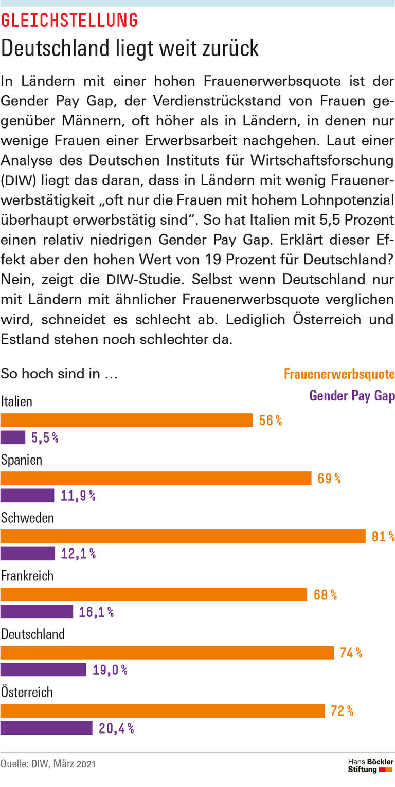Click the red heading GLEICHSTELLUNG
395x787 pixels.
coord(69,21)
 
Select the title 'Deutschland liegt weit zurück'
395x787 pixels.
coord(130,48)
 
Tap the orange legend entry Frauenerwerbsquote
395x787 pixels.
coord(339,374)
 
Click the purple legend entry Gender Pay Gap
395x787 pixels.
coord(352,396)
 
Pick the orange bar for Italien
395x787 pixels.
coord(127,420)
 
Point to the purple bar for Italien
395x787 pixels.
coord(13,437)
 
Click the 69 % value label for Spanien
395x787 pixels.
coord(329,479)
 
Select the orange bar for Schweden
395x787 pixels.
coord(183,537)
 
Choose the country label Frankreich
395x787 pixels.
coord(27,576)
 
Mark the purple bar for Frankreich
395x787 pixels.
coord(37,612)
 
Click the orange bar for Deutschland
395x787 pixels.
coord(167,653)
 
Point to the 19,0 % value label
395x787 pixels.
coord(110,670)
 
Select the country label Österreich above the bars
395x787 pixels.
coord(27,692)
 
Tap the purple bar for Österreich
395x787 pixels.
coord(46,728)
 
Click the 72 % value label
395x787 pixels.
coord(342,711)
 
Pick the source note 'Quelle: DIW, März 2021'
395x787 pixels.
coord(48,764)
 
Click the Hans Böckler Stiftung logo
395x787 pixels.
coord(370,765)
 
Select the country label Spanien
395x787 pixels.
coord(22,460)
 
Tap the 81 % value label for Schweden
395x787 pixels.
coord(383,537)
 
